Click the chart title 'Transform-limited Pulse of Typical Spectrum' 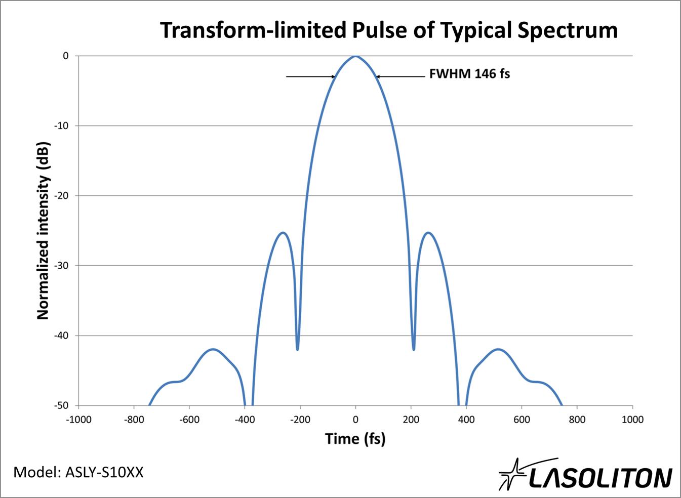point(389,30)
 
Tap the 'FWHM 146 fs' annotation point(469,74)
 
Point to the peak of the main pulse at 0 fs point(355,56)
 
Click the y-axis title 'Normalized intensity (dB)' point(43,230)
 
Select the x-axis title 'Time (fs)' point(355,438)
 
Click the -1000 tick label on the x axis point(78,420)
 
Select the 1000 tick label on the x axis point(632,420)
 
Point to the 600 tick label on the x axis point(522,420)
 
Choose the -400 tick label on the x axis point(245,420)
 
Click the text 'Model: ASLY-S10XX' point(78,472)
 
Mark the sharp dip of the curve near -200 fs point(297,349)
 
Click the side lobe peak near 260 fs point(428,233)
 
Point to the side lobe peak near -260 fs point(283,233)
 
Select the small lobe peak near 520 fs point(499,349)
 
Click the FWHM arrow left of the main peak point(310,77)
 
